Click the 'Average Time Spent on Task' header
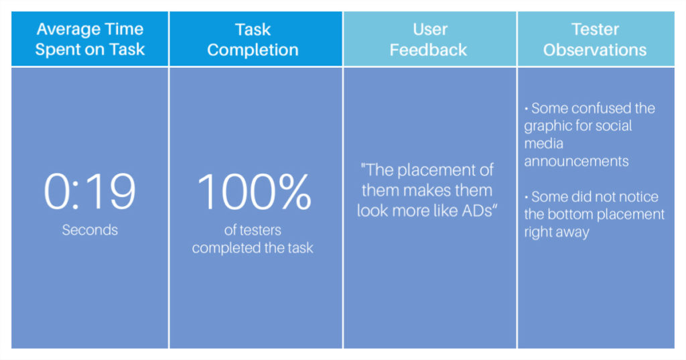90,39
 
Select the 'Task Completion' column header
253,40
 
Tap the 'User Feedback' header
428,40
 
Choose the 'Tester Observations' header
595,40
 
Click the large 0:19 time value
90,191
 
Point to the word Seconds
90,230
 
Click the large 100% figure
254,191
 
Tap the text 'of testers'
253,230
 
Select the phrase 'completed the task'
253,248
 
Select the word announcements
576,161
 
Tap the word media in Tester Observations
544,143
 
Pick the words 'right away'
557,232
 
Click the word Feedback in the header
428,50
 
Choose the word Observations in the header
595,50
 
